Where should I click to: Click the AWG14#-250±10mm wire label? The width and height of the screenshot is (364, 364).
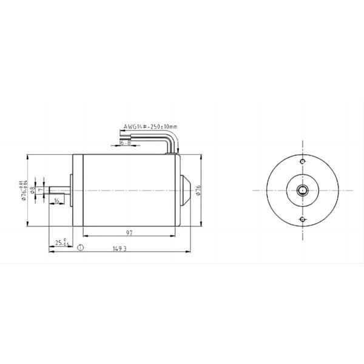point(150,127)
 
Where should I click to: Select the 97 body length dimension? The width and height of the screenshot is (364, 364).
point(130,232)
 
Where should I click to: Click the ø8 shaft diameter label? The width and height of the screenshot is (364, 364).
point(33,190)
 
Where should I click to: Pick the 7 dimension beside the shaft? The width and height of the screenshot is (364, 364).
point(40,190)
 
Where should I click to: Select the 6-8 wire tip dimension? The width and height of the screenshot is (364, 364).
point(126,143)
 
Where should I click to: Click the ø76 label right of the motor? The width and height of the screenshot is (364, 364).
point(198,190)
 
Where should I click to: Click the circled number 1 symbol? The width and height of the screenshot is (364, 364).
point(81,248)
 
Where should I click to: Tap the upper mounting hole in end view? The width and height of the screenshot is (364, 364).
point(303,162)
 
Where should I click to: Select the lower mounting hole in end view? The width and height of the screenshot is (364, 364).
point(303,219)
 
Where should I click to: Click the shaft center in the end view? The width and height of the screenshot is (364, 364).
point(303,190)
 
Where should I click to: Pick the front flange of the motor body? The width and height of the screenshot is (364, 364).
point(77,190)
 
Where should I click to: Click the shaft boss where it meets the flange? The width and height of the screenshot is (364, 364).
point(71,190)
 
